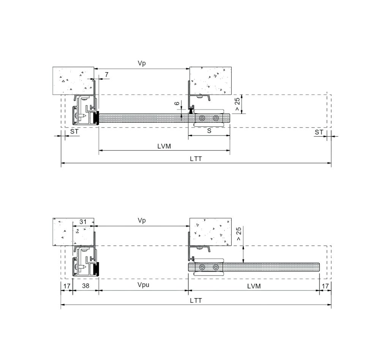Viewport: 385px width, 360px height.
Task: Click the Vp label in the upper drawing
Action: click(x=142, y=63)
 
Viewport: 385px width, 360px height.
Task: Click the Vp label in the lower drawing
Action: click(x=142, y=221)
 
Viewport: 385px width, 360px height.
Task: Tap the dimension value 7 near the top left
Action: click(x=107, y=75)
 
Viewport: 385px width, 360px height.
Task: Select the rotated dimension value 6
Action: click(x=177, y=103)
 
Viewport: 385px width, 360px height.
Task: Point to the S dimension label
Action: click(x=209, y=131)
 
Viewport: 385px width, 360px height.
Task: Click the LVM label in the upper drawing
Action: click(x=164, y=146)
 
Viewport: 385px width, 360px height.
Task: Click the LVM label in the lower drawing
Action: click(x=254, y=286)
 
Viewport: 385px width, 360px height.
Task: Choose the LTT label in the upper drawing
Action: click(x=196, y=159)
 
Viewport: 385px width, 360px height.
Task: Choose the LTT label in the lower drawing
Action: click(x=196, y=301)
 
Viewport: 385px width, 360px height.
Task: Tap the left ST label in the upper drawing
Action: click(x=74, y=132)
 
